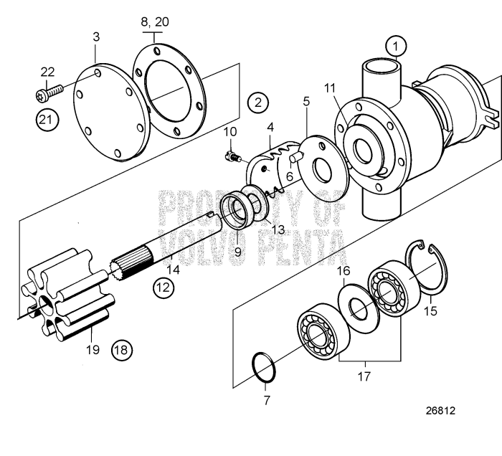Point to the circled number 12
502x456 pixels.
[163, 288]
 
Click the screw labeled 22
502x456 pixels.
[48, 92]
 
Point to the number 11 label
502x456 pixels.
[329, 87]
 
